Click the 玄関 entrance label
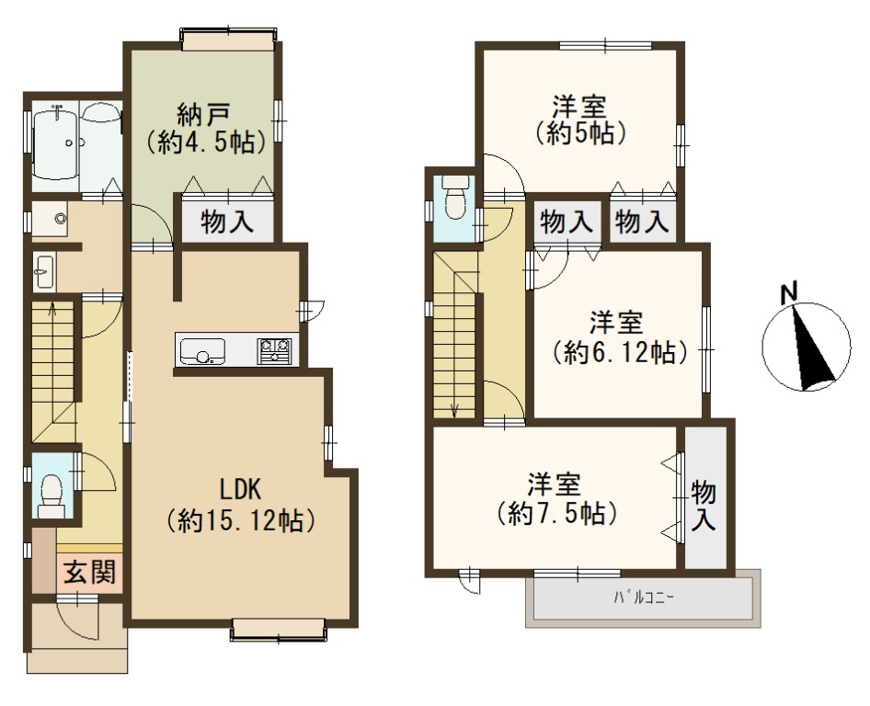pos(89,573)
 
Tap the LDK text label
pos(240,490)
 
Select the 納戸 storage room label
pos(203,115)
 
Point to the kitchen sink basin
pos(200,351)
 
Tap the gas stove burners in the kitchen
pos(274,350)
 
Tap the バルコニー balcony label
pos(643,598)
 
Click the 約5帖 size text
pos(580,133)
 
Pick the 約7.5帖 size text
pos(555,513)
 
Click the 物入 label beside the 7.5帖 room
pos(704,505)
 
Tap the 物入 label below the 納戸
pos(227,222)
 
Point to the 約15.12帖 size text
pos(241,520)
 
